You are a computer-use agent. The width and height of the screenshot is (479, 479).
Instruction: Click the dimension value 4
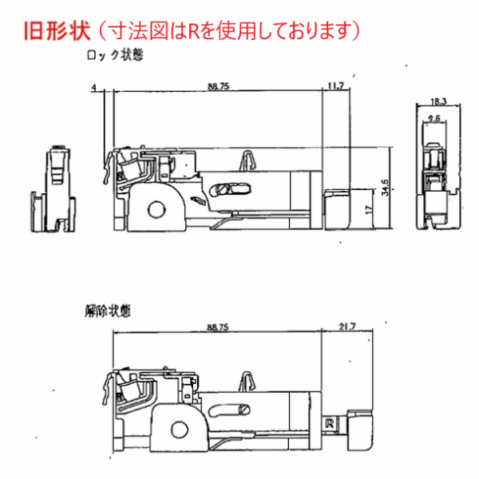point(94,85)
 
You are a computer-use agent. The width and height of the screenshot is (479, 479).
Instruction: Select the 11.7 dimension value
point(335,85)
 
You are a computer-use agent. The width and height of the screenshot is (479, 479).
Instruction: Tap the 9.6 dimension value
point(435,119)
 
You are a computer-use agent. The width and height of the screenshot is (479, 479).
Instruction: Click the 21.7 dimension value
point(346,328)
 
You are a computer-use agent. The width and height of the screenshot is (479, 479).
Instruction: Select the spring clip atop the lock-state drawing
point(250,160)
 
